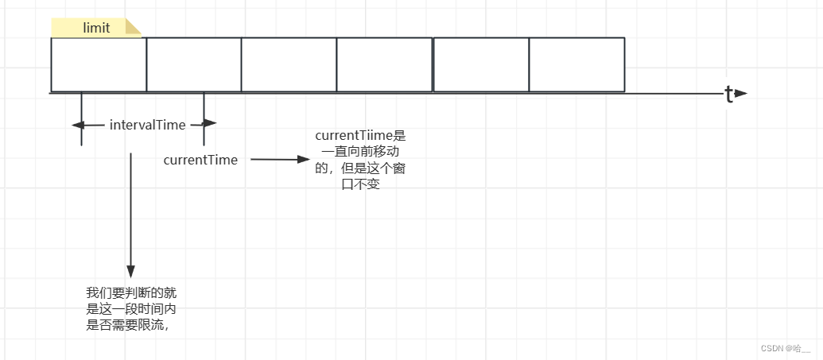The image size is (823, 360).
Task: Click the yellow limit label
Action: [x=95, y=29]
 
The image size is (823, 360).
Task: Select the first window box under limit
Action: [x=99, y=64]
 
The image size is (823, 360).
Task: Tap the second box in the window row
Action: [x=194, y=64]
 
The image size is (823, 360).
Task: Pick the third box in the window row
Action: [x=289, y=64]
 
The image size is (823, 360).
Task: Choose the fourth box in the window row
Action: [x=385, y=64]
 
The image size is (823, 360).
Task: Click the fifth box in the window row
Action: [x=481, y=64]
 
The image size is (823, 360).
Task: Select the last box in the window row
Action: [x=576, y=64]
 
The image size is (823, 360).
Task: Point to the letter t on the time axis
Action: [x=728, y=94]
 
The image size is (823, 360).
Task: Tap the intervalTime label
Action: [x=147, y=124]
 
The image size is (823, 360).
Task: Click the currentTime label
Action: [x=200, y=160]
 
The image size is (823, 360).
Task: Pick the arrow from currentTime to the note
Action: [x=279, y=159]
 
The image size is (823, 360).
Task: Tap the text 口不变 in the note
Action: [x=360, y=184]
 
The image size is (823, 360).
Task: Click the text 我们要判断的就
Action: [x=137, y=292]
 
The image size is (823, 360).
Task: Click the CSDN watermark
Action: [x=785, y=348]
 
